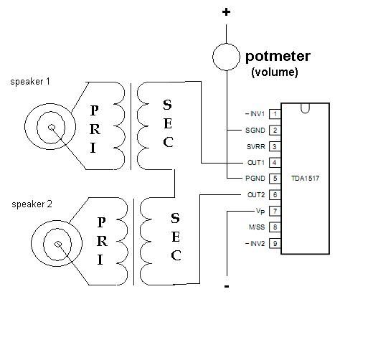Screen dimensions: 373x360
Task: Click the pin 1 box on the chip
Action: tap(275, 114)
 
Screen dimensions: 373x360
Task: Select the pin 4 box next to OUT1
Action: tap(275, 163)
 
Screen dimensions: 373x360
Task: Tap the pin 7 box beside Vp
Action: tap(275, 212)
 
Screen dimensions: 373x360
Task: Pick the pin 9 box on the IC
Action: tap(275, 244)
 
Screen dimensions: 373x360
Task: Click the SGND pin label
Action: tap(255, 131)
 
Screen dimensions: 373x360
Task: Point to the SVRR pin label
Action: tap(256, 147)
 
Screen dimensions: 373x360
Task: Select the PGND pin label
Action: tap(255, 179)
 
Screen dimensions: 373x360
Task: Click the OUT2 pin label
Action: tap(256, 195)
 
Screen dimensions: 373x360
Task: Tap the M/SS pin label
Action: tap(257, 227)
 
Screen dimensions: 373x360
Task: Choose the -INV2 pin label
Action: tap(255, 244)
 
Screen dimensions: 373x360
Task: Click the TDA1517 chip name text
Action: tap(306, 179)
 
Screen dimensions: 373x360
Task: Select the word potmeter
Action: tap(278, 57)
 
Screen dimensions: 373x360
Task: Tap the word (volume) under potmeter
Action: tap(275, 72)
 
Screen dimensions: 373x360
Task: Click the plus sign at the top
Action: tap(226, 12)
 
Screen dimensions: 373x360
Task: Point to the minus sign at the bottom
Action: tap(227, 286)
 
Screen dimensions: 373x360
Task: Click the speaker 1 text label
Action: tap(30, 82)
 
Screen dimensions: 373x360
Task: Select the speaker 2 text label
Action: tap(32, 204)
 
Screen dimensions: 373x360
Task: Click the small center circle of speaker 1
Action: tap(52, 128)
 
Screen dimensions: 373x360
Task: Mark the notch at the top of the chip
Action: tap(305, 108)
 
